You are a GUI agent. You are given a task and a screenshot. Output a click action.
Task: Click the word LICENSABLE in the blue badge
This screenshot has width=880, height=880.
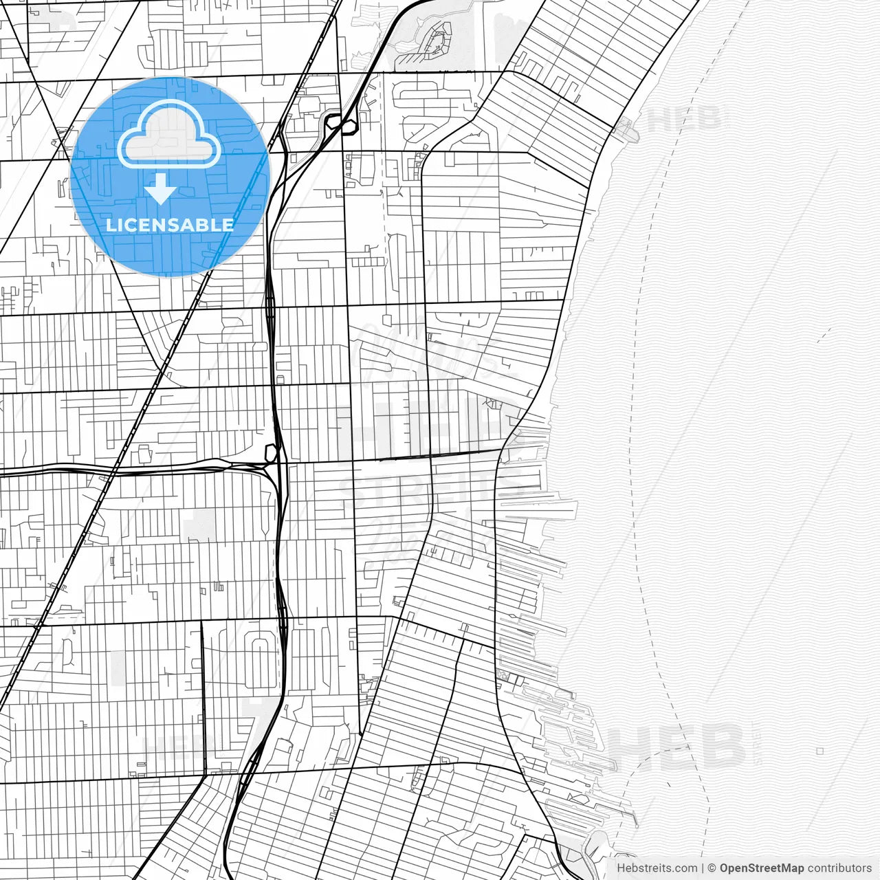pos(170,225)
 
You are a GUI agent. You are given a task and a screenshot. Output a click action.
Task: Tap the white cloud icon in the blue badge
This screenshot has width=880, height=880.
pos(169,135)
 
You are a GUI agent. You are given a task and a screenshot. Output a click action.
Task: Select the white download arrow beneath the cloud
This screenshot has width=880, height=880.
pos(161,188)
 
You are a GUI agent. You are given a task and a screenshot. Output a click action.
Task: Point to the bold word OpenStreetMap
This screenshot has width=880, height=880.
pos(761,868)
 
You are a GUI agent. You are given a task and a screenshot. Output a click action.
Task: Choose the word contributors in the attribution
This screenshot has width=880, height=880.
pos(839,868)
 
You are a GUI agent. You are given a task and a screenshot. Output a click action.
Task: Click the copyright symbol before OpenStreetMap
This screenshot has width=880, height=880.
pos(712,868)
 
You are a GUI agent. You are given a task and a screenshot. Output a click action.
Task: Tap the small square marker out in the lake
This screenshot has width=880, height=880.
pos(819,751)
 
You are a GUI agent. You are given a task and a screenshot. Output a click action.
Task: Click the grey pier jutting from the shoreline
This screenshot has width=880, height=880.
pos(627,128)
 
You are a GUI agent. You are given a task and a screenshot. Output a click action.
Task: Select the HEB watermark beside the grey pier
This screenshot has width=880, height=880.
pos(684,118)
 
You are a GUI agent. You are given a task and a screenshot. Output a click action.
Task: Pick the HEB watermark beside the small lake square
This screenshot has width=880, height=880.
pos(677,746)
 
